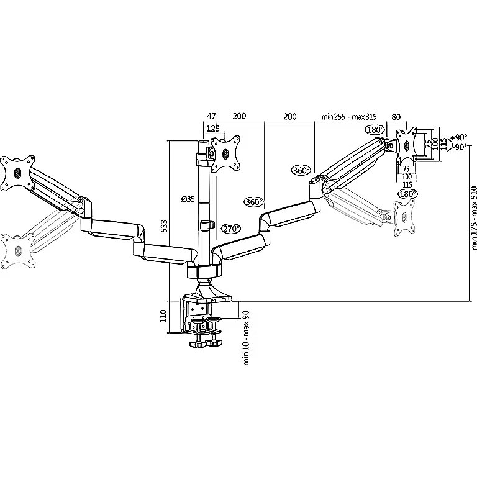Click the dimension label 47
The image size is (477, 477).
click(211, 116)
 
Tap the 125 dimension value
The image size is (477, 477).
click(213, 129)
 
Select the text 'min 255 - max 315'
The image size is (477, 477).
click(349, 116)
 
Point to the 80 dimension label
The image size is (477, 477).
click(396, 116)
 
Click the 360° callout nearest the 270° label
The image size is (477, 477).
click(253, 202)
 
